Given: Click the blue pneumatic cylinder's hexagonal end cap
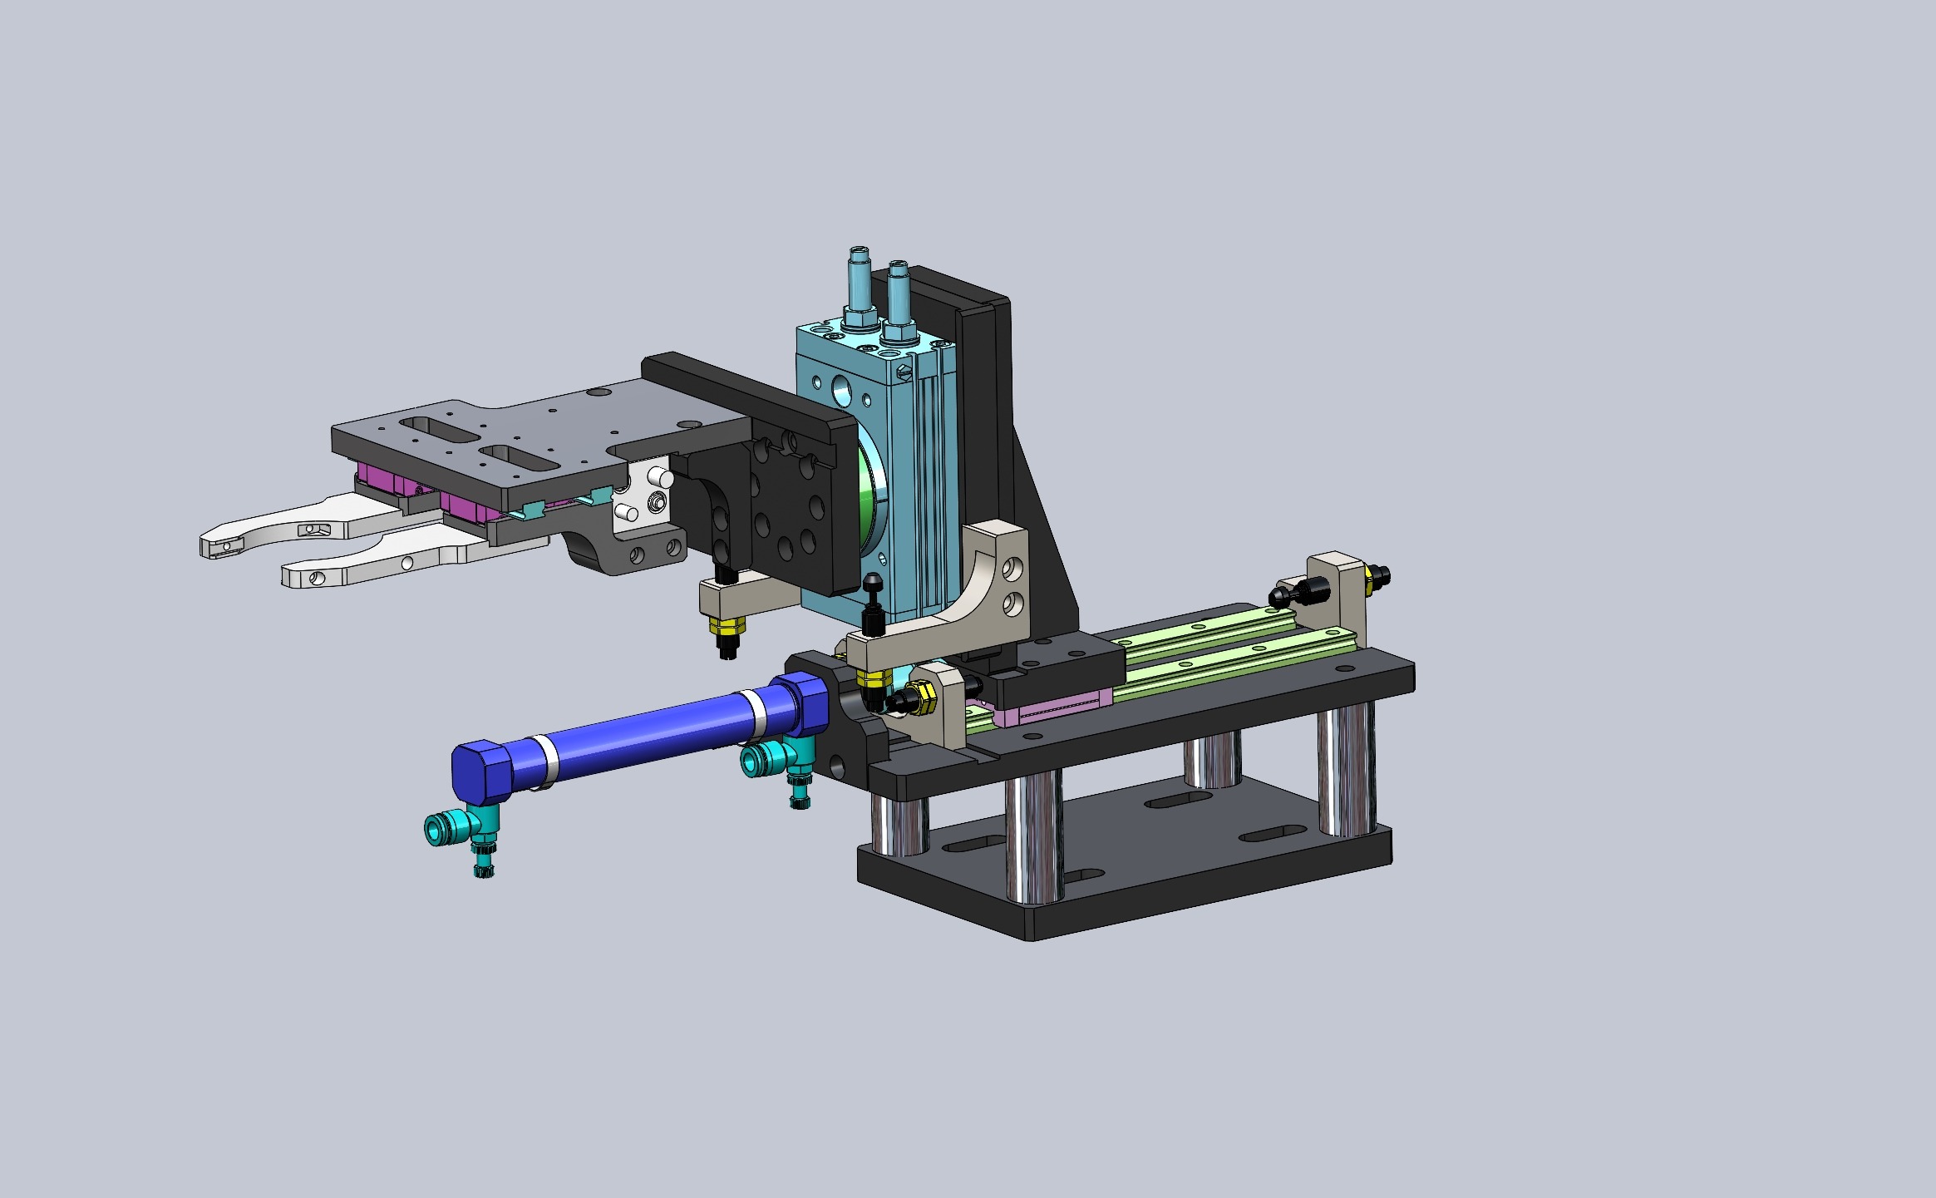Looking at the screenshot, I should [480, 771].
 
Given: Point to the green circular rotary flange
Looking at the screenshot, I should [871, 499].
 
